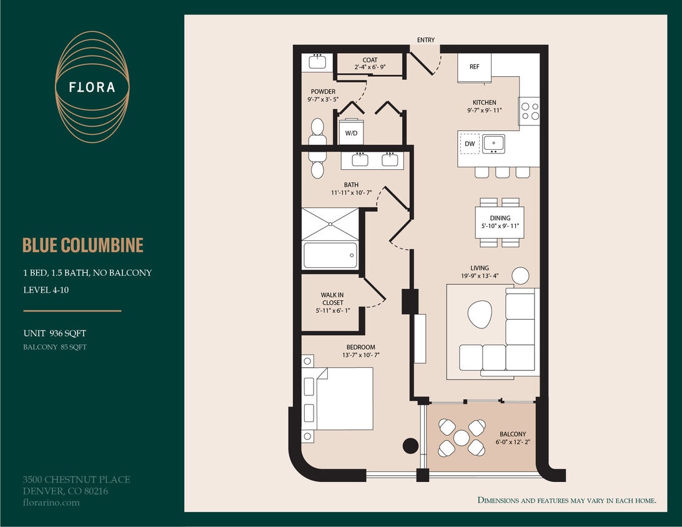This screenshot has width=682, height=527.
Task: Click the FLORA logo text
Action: (x=92, y=87)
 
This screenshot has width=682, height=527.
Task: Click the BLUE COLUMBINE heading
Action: (x=83, y=245)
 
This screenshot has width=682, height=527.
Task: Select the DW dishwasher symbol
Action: (x=470, y=144)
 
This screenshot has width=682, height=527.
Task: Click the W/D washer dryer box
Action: (x=351, y=132)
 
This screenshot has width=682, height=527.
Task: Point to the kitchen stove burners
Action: (x=529, y=111)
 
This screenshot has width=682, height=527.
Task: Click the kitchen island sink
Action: (x=493, y=143)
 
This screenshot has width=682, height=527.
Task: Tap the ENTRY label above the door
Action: (x=426, y=40)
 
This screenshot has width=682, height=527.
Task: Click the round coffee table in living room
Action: (x=480, y=314)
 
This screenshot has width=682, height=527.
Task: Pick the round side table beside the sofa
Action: (x=520, y=275)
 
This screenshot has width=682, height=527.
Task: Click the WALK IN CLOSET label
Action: (x=333, y=303)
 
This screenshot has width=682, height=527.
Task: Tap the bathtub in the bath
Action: (x=330, y=255)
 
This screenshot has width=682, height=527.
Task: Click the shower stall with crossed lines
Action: (x=330, y=224)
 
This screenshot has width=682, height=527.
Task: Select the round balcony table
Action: (x=461, y=438)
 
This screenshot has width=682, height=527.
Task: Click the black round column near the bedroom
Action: (x=410, y=445)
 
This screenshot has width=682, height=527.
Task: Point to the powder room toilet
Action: (x=318, y=129)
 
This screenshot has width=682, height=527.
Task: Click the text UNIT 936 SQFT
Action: (x=54, y=333)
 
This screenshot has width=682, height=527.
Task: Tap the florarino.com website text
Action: (x=51, y=502)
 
